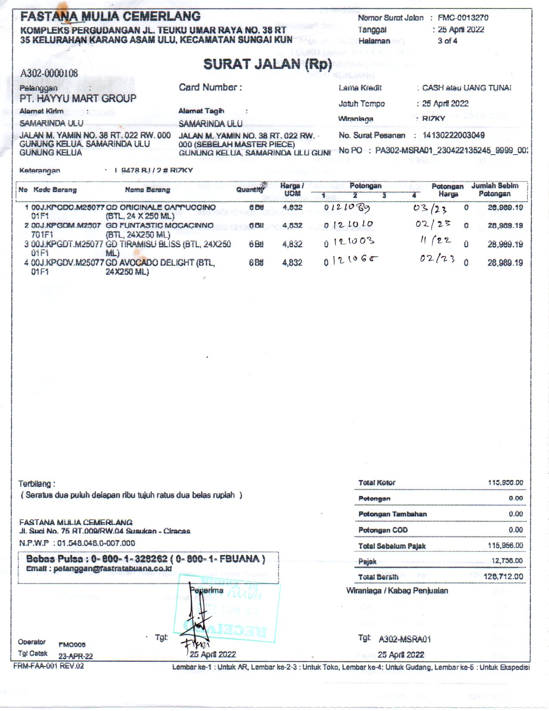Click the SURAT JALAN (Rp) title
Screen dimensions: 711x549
tap(267, 65)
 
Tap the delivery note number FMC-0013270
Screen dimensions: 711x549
tap(463, 18)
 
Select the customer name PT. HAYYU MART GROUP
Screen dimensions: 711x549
tap(78, 99)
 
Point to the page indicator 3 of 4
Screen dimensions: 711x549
tap(447, 41)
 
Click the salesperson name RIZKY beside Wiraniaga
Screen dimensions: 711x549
tap(433, 118)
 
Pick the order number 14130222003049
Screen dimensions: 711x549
tap(453, 135)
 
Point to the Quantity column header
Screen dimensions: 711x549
tap(250, 190)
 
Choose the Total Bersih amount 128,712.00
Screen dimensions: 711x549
tap(503, 577)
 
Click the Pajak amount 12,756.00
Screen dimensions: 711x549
tap(507, 561)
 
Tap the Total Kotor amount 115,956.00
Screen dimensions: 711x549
tap(505, 483)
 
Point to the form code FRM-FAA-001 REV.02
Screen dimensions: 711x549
tap(49, 666)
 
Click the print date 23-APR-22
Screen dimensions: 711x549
tap(75, 656)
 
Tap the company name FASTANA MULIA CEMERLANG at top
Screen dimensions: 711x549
tap(110, 16)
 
